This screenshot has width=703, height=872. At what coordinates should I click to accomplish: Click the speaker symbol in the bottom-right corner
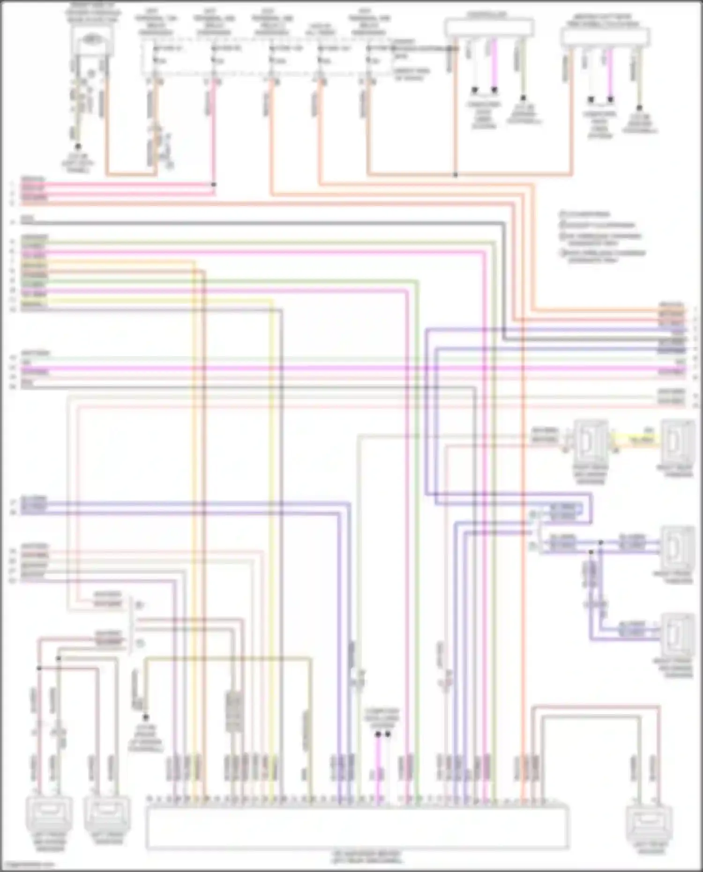(x=650, y=822)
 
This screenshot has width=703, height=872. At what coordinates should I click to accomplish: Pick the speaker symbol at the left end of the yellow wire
(x=591, y=440)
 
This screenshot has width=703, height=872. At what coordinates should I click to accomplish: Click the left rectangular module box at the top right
(x=489, y=27)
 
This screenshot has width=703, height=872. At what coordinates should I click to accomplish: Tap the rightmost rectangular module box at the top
(x=605, y=35)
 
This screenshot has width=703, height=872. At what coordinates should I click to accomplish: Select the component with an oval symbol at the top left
(x=92, y=40)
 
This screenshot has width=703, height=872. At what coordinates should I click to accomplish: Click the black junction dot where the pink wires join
(x=214, y=185)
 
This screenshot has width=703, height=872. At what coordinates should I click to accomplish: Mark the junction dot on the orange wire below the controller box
(x=455, y=175)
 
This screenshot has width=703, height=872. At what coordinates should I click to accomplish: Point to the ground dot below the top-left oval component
(x=78, y=147)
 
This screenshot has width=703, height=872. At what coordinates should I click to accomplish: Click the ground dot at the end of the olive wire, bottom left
(x=145, y=717)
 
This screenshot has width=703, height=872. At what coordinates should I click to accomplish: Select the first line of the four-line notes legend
(x=586, y=214)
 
